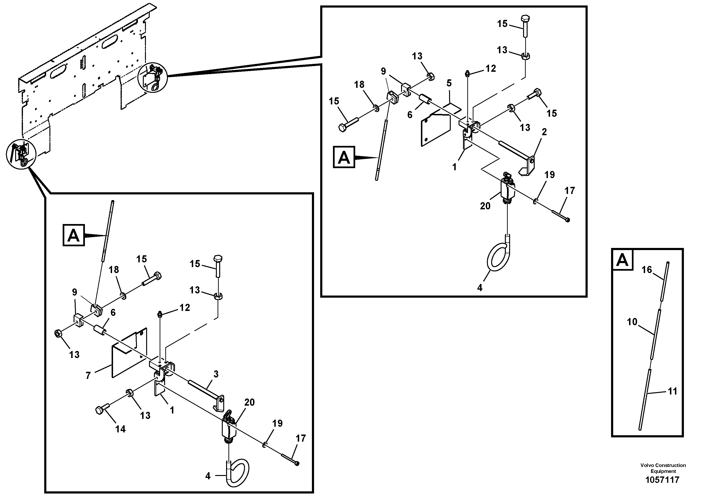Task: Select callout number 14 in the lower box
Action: click(x=120, y=429)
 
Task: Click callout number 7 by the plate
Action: click(x=88, y=375)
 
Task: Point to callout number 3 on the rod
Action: click(x=216, y=374)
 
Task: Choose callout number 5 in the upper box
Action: click(x=449, y=83)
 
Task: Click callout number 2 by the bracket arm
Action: click(x=544, y=132)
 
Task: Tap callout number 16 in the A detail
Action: click(x=647, y=270)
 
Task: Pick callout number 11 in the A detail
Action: click(x=672, y=391)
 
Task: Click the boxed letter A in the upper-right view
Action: click(x=344, y=157)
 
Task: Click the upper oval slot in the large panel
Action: click(x=109, y=41)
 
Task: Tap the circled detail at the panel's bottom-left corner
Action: click(x=21, y=154)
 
